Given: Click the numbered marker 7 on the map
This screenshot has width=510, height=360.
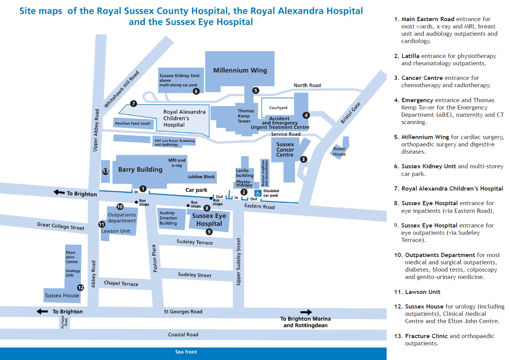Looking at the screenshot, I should [x=133, y=103].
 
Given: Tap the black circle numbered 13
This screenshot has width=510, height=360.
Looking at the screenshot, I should [x=105, y=171].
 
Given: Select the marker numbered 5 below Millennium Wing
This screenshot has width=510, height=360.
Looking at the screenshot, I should [x=256, y=91].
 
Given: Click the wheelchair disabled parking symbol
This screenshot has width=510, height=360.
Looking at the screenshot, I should [x=258, y=193].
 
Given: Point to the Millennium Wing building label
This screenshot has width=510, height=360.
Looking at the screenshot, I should [x=240, y=70].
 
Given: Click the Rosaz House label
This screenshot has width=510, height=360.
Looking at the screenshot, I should [x=339, y=151].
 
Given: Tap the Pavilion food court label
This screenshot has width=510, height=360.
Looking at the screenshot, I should [x=133, y=123].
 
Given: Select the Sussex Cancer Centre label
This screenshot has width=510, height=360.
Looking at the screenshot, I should [x=285, y=150].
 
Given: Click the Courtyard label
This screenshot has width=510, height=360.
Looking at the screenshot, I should [x=278, y=108].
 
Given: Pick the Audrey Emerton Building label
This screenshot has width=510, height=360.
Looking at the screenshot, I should [x=168, y=218].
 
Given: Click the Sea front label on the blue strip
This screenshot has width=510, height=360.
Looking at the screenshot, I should [x=186, y=352].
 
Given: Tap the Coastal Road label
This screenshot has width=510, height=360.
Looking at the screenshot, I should [x=183, y=335].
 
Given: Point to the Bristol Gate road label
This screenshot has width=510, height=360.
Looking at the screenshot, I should [x=351, y=113].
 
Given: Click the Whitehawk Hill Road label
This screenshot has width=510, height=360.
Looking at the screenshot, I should [x=121, y=89].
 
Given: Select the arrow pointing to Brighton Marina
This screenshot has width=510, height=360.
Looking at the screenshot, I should [x=306, y=312].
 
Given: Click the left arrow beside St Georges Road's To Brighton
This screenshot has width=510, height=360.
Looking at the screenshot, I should [x=42, y=312].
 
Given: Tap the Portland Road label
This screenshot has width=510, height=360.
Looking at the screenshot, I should [x=64, y=322].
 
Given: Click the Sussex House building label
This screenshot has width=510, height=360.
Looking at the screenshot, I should [x=62, y=295].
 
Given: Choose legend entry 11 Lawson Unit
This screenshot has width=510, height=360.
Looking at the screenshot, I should [x=417, y=292].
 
